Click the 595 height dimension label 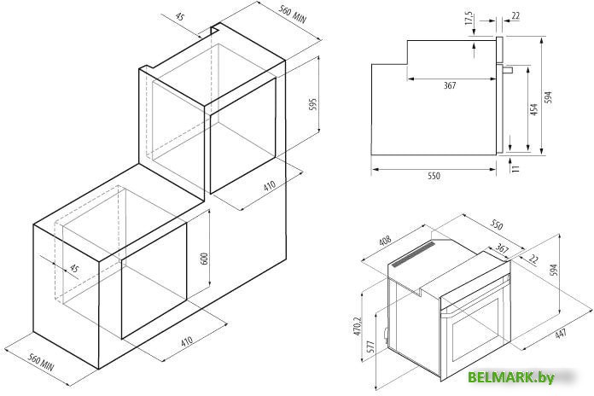(x=313, y=104)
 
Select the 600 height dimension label (x=204, y=259)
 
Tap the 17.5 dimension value (x=469, y=19)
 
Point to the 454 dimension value (x=533, y=109)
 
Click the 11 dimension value (x=515, y=168)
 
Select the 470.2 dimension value (x=358, y=325)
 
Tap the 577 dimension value (x=370, y=346)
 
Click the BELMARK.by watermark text (x=511, y=377)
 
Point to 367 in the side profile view (x=450, y=85)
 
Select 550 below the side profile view (x=434, y=176)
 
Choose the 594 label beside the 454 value (x=548, y=97)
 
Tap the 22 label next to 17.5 (x=515, y=16)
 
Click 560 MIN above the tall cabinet (x=292, y=14)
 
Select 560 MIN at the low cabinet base (x=41, y=362)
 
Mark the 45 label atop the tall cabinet (x=180, y=17)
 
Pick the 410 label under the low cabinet (x=187, y=341)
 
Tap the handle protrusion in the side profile (x=508, y=70)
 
